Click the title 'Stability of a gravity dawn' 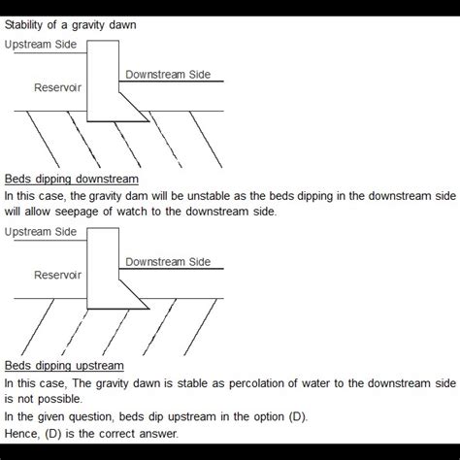[x=70, y=24]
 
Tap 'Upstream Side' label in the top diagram [x=41, y=45]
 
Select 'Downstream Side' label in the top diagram [x=167, y=75]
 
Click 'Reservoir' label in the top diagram [x=58, y=87]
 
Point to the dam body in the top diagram [x=103, y=78]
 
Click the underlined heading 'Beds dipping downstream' [x=71, y=180]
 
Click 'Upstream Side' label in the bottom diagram [x=41, y=232]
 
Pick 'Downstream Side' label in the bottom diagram [x=167, y=262]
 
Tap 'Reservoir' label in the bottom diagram [x=58, y=275]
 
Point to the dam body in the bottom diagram [x=103, y=267]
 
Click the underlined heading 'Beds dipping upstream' [x=64, y=366]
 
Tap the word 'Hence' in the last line [x=21, y=433]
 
